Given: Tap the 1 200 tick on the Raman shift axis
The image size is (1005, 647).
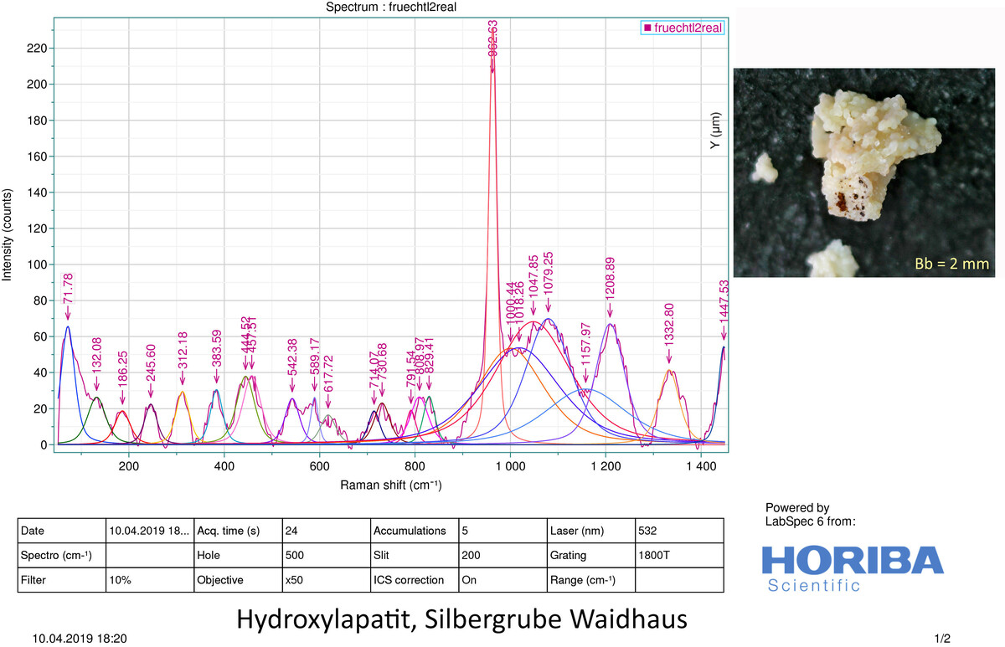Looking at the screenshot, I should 605,467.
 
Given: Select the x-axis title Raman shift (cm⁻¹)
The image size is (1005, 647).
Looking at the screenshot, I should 390,485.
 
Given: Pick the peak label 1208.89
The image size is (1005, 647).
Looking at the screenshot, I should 611,285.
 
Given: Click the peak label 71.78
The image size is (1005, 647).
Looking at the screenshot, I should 68,290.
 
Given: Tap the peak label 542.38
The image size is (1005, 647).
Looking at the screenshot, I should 291,364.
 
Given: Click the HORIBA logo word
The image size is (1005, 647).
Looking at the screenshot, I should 852,560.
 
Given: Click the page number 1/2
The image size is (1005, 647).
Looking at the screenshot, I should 944,639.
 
